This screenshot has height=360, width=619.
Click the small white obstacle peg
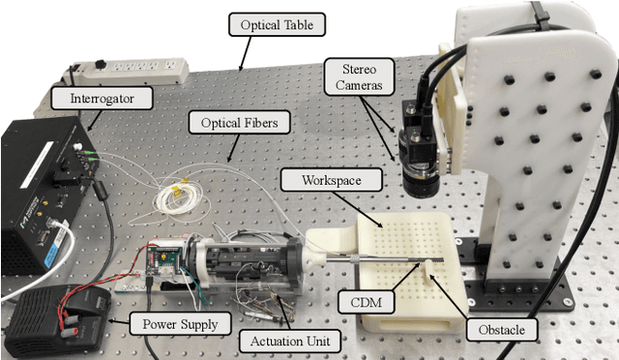pos(425,273)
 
